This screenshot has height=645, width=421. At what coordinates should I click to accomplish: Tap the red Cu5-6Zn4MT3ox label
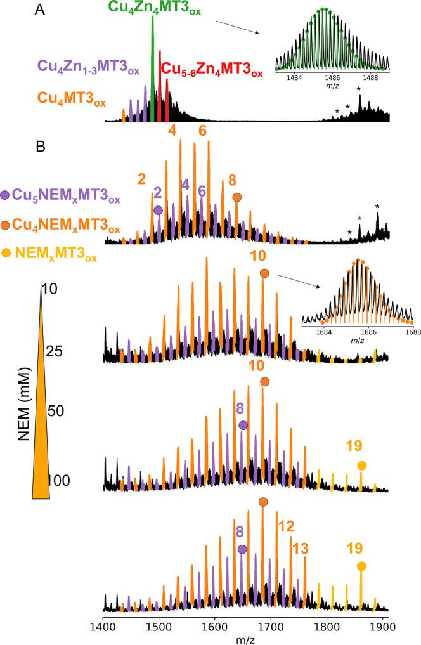click(212, 69)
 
